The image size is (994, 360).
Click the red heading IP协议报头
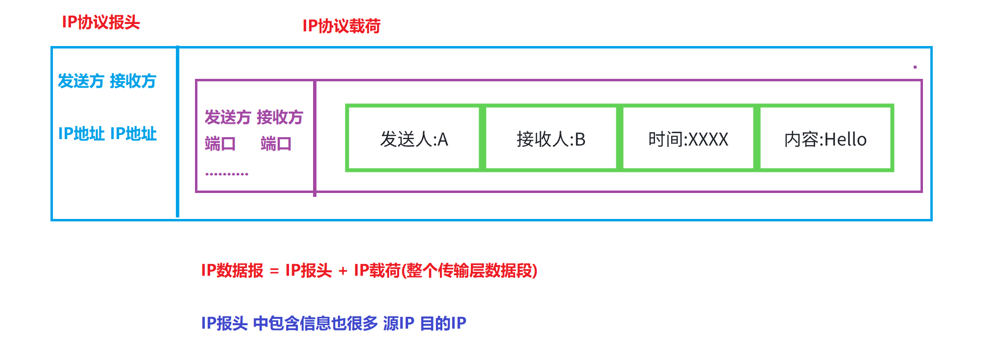[x=101, y=23]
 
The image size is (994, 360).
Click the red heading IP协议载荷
[x=341, y=26]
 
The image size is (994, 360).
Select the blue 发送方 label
[x=81, y=81]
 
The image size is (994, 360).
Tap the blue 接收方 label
[x=133, y=81]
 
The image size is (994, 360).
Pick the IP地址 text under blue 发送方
[x=81, y=134]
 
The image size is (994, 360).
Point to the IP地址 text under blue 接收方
[x=133, y=134]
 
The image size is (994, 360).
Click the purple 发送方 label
[x=228, y=118]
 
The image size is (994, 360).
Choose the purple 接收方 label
[x=280, y=118]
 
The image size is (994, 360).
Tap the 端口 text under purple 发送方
[x=220, y=144]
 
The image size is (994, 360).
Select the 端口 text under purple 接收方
[x=276, y=144]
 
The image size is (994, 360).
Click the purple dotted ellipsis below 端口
[x=227, y=174]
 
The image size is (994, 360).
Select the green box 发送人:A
[x=414, y=139]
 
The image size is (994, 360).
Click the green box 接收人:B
[x=551, y=139]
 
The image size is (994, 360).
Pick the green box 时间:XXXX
[x=688, y=139]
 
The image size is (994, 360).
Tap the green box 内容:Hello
[x=825, y=139]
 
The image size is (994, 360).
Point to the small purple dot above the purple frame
[x=915, y=67]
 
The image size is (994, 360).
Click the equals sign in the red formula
[x=274, y=271]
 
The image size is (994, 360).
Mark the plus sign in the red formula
[x=343, y=271]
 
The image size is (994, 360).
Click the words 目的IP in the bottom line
[x=443, y=323]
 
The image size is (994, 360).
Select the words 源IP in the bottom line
[x=399, y=323]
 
